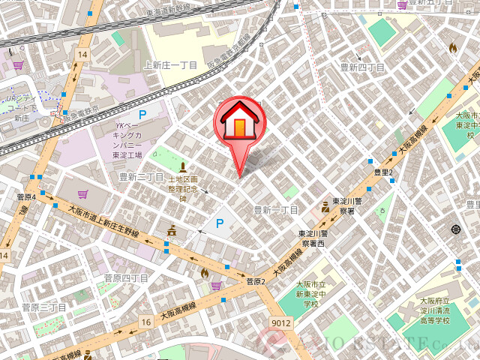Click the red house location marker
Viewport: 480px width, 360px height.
(238, 121)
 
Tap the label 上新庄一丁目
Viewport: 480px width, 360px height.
(170, 65)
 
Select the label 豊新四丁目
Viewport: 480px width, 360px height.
(362, 67)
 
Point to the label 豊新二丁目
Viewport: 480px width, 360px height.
(141, 177)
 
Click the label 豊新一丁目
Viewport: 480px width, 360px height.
(275, 210)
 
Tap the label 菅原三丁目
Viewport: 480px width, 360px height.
(43, 307)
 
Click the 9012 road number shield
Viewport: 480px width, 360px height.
(281, 323)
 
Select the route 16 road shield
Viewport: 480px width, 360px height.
(145, 321)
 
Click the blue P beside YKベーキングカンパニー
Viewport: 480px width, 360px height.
(142, 115)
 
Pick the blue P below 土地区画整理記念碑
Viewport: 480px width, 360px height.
(220, 223)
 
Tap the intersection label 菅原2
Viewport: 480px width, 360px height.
(256, 281)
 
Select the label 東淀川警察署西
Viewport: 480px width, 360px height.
(312, 238)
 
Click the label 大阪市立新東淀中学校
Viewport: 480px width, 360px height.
(311, 294)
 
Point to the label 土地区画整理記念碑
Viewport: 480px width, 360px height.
(183, 189)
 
